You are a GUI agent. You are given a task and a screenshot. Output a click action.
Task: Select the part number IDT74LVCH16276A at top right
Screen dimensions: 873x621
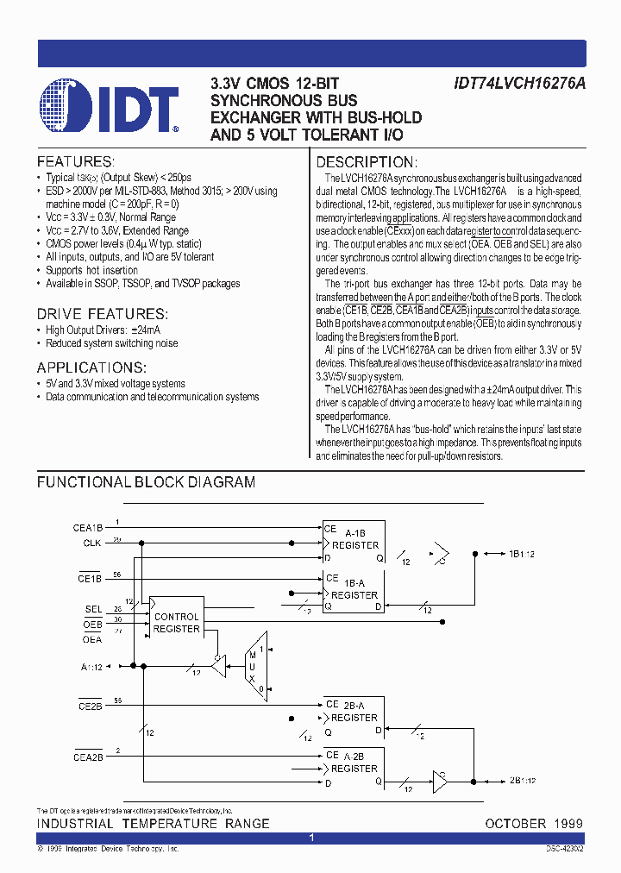point(518,85)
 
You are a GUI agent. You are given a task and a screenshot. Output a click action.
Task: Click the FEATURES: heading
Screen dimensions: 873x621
point(75,162)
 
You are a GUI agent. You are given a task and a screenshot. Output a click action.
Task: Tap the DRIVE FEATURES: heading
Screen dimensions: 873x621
point(101,314)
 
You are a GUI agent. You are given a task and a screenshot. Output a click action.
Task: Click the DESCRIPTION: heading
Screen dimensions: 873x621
point(367,162)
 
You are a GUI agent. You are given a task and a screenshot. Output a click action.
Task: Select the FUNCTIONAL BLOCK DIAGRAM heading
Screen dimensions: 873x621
point(146,482)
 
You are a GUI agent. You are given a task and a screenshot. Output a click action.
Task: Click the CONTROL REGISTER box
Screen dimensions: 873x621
point(176,623)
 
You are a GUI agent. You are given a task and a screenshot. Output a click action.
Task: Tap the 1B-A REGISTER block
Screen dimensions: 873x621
point(353,593)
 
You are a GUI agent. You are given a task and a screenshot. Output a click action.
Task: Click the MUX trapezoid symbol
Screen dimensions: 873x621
point(254,660)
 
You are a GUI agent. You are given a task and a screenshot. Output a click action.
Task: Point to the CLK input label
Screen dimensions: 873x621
point(92,543)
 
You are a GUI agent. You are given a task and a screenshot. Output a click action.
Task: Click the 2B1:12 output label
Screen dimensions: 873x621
point(523,781)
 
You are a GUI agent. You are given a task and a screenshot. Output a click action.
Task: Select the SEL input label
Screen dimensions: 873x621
point(93,609)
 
